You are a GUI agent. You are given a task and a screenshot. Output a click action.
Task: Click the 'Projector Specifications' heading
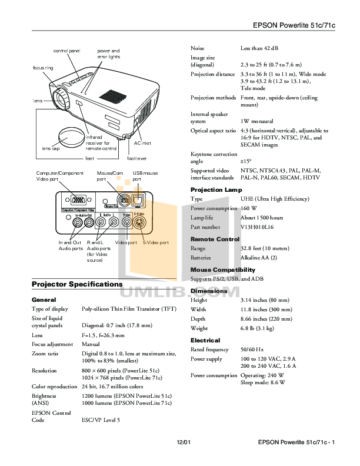(76, 285)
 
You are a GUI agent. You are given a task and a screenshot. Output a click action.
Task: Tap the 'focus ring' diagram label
(43, 68)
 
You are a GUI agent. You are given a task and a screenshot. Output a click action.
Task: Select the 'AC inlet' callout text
(142, 143)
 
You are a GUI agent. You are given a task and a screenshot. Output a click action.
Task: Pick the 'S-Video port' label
(156, 242)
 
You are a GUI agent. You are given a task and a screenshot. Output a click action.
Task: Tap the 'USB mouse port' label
(145, 176)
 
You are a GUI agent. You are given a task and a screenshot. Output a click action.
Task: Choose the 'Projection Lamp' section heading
(216, 190)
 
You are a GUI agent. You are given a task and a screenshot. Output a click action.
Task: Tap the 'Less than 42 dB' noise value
(259, 48)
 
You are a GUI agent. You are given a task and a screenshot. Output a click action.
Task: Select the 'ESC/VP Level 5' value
(101, 420)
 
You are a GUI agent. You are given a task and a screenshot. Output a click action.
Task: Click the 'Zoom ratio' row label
(45, 354)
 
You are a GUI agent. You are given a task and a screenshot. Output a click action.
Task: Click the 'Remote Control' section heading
(215, 239)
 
